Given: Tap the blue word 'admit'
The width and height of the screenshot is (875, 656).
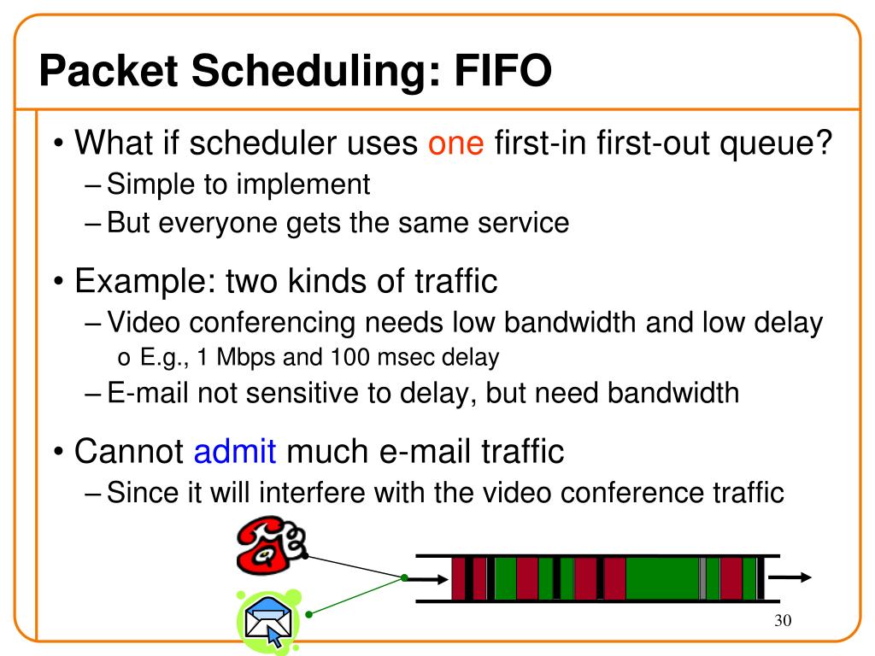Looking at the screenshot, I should [235, 450].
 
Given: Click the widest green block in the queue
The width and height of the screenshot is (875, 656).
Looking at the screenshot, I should [662, 578].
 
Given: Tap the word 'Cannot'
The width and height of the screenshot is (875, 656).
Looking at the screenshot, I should [129, 450].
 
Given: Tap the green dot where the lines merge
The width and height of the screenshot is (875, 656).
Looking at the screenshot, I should [403, 578].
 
